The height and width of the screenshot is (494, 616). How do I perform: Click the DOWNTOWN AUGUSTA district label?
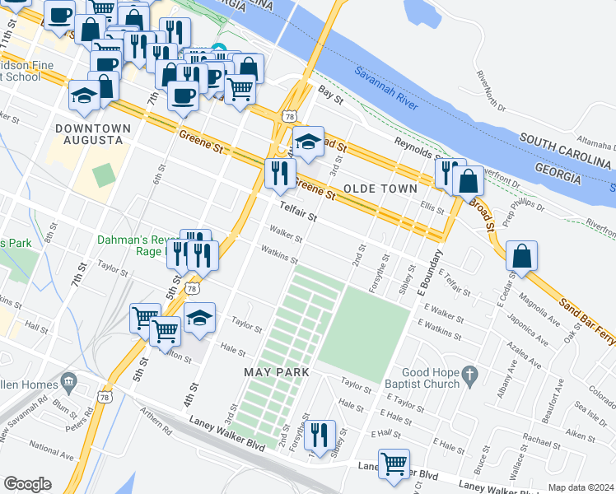point(93,135)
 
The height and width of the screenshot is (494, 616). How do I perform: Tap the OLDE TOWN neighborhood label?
point(375,189)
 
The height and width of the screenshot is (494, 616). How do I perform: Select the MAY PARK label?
point(277,372)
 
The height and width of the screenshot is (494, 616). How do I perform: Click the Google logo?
point(27,483)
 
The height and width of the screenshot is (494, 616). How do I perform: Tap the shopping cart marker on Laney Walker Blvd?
point(394,464)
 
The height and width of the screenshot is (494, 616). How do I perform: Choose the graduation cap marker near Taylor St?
point(199,319)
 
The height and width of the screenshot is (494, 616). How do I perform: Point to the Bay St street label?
point(330,96)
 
